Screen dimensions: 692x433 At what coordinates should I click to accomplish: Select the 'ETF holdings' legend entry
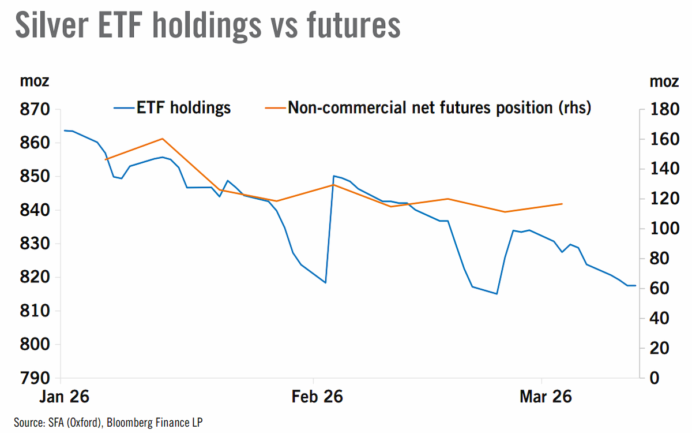(x=172, y=108)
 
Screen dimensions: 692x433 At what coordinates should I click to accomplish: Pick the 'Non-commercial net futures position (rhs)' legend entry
(x=428, y=108)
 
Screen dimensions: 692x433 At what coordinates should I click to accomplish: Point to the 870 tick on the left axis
(x=35, y=110)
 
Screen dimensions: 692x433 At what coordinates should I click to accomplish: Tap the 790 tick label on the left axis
(x=35, y=378)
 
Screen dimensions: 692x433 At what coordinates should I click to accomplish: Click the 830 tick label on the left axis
(x=35, y=244)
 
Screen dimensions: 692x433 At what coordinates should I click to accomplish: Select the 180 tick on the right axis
(x=665, y=109)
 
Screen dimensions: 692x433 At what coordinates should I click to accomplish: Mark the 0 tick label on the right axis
(x=655, y=378)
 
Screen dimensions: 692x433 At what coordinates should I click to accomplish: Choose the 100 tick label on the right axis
(x=665, y=229)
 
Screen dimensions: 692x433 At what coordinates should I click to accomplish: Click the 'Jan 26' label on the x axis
(x=64, y=397)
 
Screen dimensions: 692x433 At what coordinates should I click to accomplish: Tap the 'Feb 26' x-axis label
(x=317, y=397)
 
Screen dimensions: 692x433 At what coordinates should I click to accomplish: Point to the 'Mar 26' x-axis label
(x=546, y=397)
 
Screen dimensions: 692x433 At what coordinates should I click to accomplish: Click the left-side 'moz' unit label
(x=35, y=81)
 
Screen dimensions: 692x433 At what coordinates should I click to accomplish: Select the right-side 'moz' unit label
(x=664, y=81)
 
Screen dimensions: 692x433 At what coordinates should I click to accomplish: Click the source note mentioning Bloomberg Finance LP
(x=108, y=423)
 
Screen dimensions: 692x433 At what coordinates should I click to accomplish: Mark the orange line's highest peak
(x=163, y=139)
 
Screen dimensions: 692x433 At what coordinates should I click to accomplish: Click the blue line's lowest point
(x=497, y=294)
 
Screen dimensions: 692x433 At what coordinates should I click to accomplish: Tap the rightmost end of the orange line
(x=562, y=204)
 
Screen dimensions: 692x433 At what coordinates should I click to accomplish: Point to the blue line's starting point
(x=64, y=130)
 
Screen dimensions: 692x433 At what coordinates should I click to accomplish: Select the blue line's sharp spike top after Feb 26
(x=334, y=176)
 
